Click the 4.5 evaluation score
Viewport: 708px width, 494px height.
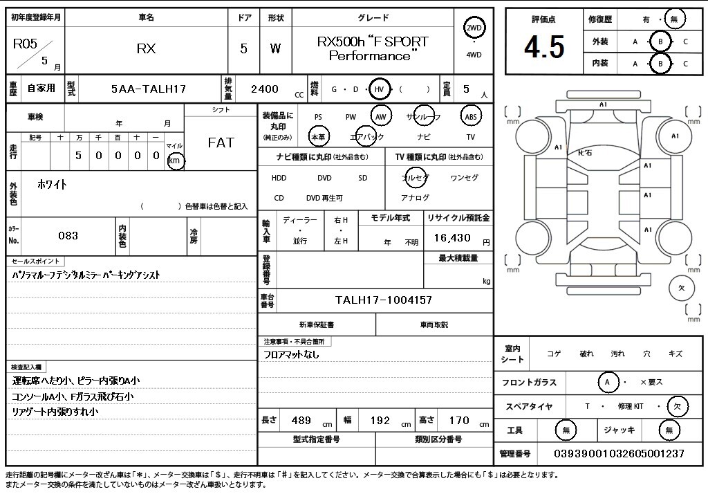pyautogui.click(x=544, y=47)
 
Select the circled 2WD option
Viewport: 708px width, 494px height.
pyautogui.click(x=474, y=28)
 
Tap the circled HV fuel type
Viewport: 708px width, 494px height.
pyautogui.click(x=379, y=89)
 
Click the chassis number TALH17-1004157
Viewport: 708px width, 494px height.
pyautogui.click(x=383, y=300)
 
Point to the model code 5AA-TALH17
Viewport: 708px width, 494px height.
pyautogui.click(x=149, y=89)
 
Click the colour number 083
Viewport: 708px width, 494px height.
pyautogui.click(x=68, y=235)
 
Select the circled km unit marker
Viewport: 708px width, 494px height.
pyautogui.click(x=175, y=161)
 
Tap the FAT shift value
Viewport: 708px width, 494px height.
pyautogui.click(x=221, y=143)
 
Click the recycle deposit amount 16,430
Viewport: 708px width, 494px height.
pyautogui.click(x=452, y=238)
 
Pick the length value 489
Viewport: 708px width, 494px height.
pyautogui.click(x=301, y=421)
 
